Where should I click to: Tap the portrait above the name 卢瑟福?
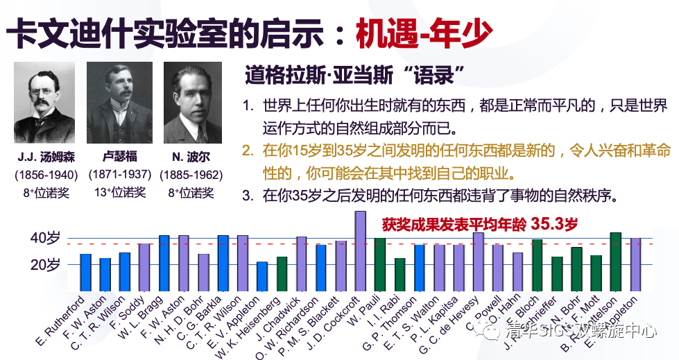(119, 104)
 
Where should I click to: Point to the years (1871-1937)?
(119, 174)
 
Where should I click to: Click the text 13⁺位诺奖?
(119, 192)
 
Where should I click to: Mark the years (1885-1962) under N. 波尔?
(191, 174)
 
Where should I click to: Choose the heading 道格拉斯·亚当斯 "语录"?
(354, 74)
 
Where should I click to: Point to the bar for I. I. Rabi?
(399, 275)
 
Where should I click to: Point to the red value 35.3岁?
(553, 224)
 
